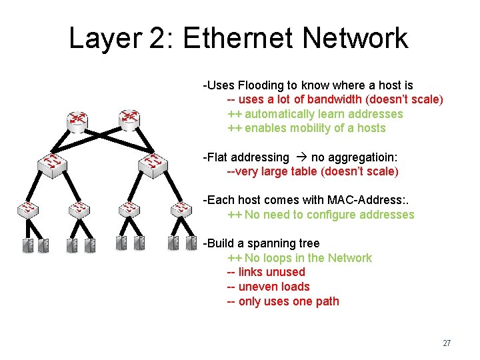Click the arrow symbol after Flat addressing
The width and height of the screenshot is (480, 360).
[300, 157]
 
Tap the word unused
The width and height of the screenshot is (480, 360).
[285, 272]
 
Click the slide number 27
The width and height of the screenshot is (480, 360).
[447, 343]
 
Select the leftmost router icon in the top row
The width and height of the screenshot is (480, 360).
[77, 120]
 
